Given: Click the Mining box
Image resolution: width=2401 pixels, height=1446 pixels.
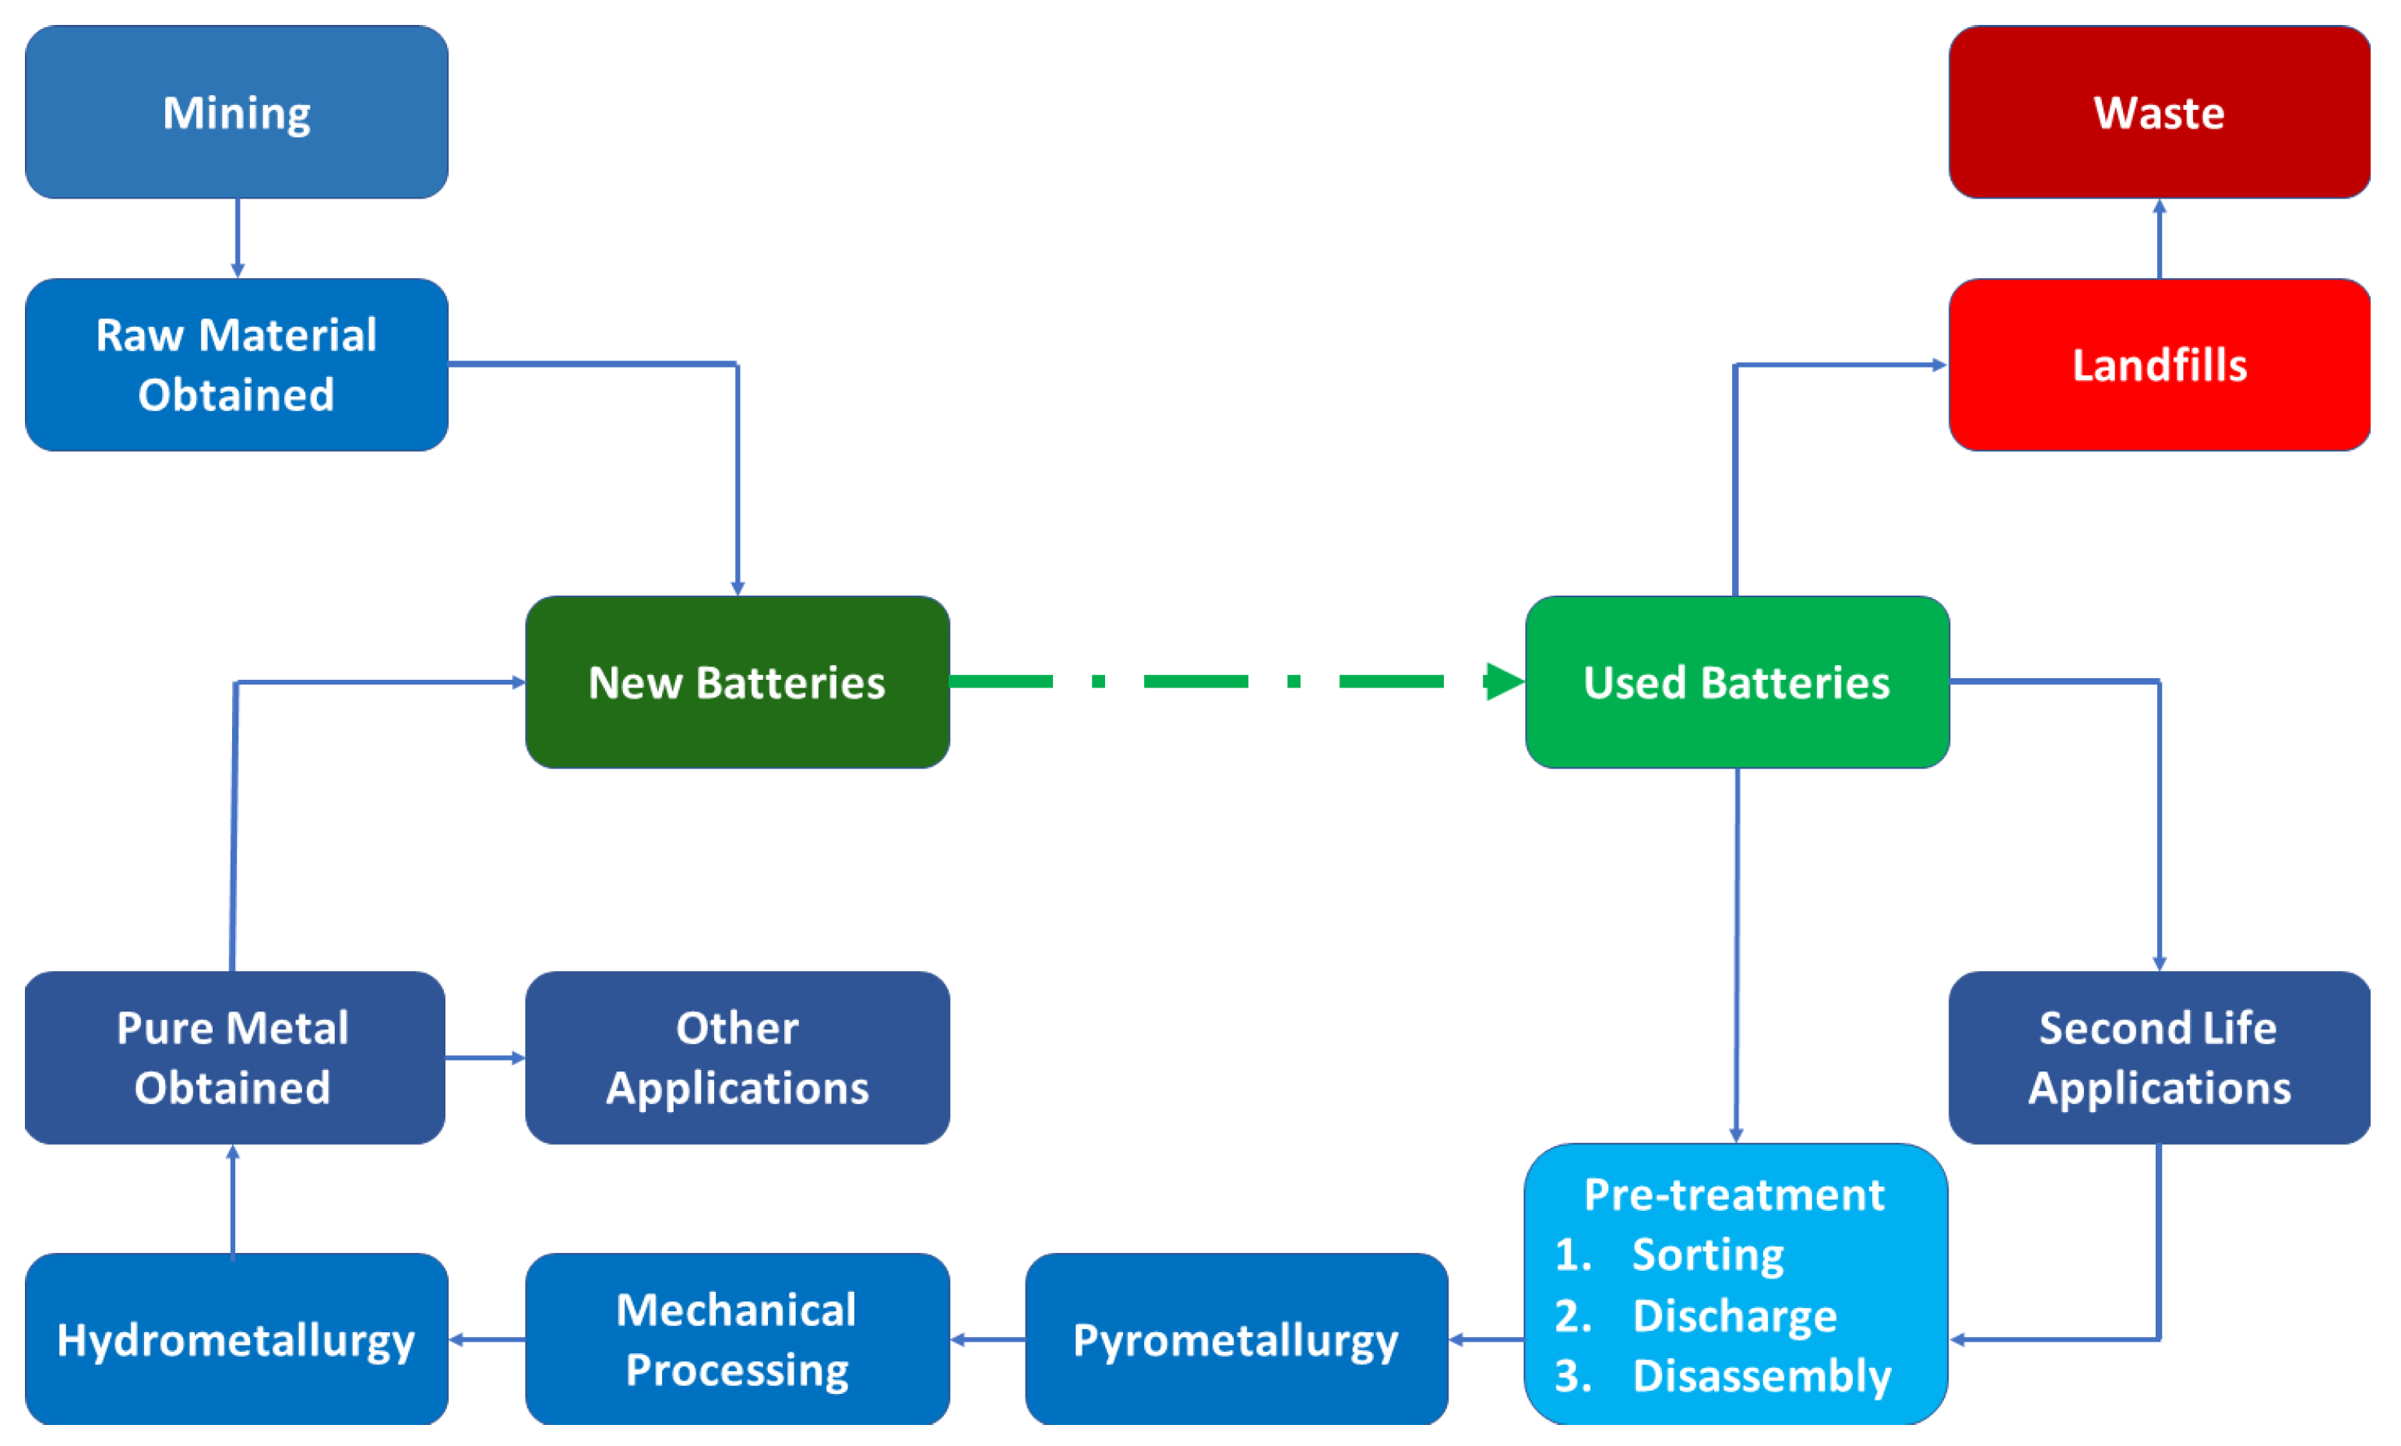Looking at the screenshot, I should point(236,112).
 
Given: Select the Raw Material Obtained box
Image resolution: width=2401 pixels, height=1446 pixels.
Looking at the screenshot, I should point(236,364).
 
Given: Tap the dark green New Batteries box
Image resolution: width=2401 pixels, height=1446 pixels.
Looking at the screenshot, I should point(737,682).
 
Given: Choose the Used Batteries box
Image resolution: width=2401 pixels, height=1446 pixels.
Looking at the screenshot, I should point(1737,682).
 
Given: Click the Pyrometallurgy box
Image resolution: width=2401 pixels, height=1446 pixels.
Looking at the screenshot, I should point(1236,1340).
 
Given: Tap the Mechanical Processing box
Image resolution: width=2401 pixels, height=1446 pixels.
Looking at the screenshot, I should point(737,1340).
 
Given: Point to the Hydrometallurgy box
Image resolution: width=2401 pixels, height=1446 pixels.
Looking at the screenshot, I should point(236,1340).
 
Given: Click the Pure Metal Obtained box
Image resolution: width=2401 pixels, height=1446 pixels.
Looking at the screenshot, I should point(234,1057).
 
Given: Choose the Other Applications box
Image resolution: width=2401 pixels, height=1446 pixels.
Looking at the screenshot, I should point(737,1057).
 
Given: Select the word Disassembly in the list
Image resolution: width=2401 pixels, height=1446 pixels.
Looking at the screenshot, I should point(1761,1376).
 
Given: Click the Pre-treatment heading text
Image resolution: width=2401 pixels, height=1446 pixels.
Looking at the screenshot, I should point(1734,1194).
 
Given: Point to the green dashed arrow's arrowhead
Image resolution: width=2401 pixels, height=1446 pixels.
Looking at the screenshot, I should point(1505,681).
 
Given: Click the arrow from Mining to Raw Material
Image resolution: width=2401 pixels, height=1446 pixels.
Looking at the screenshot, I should point(237,239).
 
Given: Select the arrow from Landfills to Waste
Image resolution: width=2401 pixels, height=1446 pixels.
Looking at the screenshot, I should point(2160,239).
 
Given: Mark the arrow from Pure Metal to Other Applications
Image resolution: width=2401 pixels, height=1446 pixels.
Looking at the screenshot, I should point(485,1057).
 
